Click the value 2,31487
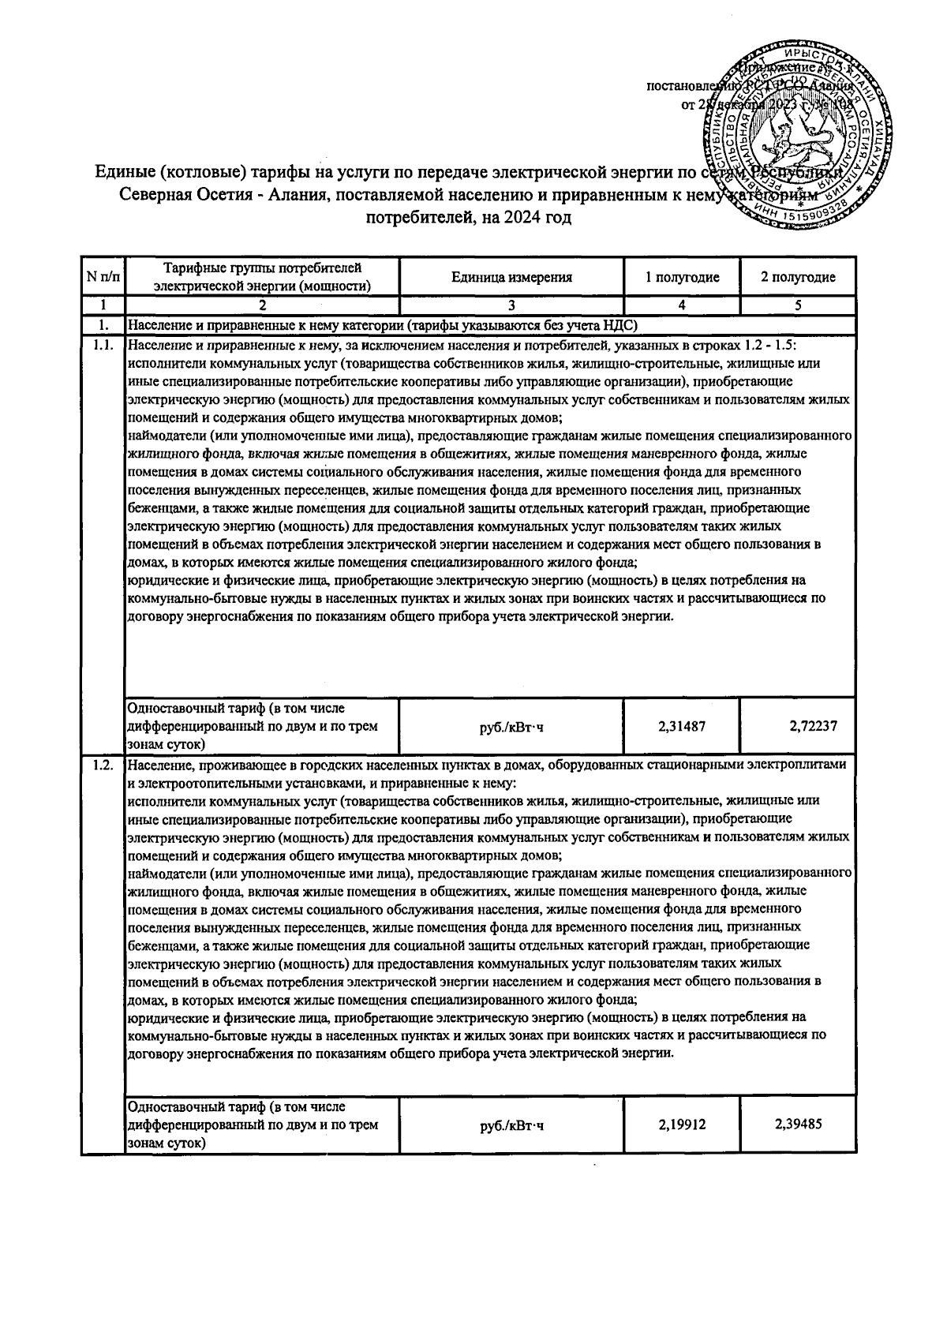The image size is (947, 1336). [x=682, y=725]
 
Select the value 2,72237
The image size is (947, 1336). [x=798, y=725]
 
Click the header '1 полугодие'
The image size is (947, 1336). [x=682, y=277]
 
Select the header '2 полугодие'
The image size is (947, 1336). [x=798, y=277]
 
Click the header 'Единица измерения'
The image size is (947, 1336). [x=511, y=277]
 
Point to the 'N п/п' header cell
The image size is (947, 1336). [x=103, y=277]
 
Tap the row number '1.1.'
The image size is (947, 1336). [x=103, y=346]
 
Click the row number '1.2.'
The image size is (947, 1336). [x=103, y=765]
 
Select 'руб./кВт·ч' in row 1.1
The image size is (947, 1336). [x=511, y=726]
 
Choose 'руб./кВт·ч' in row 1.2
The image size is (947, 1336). [x=511, y=1125]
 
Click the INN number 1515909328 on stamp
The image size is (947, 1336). [x=813, y=207]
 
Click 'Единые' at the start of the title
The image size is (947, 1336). [x=125, y=172]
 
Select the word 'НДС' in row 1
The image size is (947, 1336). [x=622, y=325]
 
